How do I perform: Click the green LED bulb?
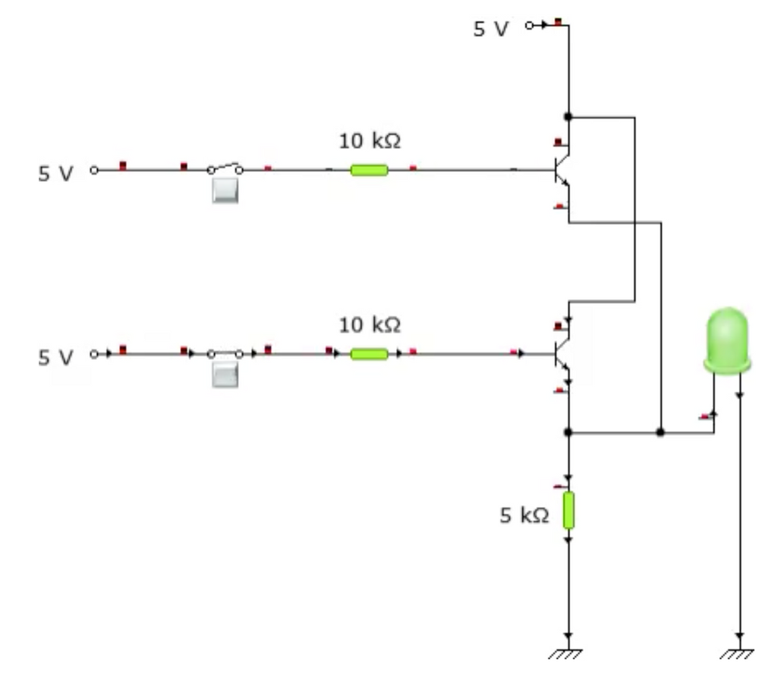pyautogui.click(x=727, y=340)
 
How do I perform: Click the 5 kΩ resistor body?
pyautogui.click(x=568, y=511)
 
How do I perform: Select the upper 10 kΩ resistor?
pyautogui.click(x=369, y=170)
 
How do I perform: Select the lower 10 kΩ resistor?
pyautogui.click(x=369, y=354)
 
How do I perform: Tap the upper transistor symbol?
pyautogui.click(x=561, y=171)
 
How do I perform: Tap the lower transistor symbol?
pyautogui.click(x=561, y=354)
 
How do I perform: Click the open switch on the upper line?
pyautogui.click(x=225, y=169)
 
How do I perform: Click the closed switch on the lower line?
pyautogui.click(x=225, y=354)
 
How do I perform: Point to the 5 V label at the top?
pyautogui.click(x=491, y=29)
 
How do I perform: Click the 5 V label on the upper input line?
pyautogui.click(x=56, y=174)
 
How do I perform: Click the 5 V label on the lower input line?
pyautogui.click(x=56, y=357)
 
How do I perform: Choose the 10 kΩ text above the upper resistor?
pyautogui.click(x=370, y=141)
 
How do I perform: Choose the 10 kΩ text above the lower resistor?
pyautogui.click(x=370, y=325)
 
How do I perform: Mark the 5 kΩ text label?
pyautogui.click(x=524, y=515)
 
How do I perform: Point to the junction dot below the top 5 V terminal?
pyautogui.click(x=568, y=117)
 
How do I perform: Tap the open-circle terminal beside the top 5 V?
pyautogui.click(x=528, y=25)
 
